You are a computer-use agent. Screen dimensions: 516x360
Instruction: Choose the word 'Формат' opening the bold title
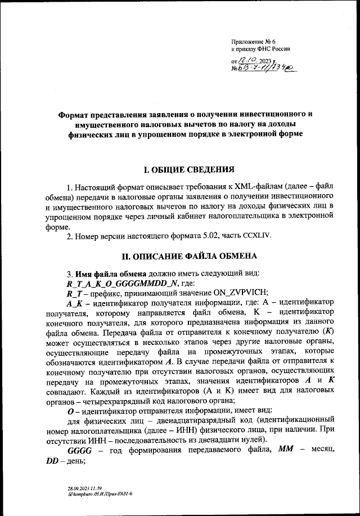(78, 114)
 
